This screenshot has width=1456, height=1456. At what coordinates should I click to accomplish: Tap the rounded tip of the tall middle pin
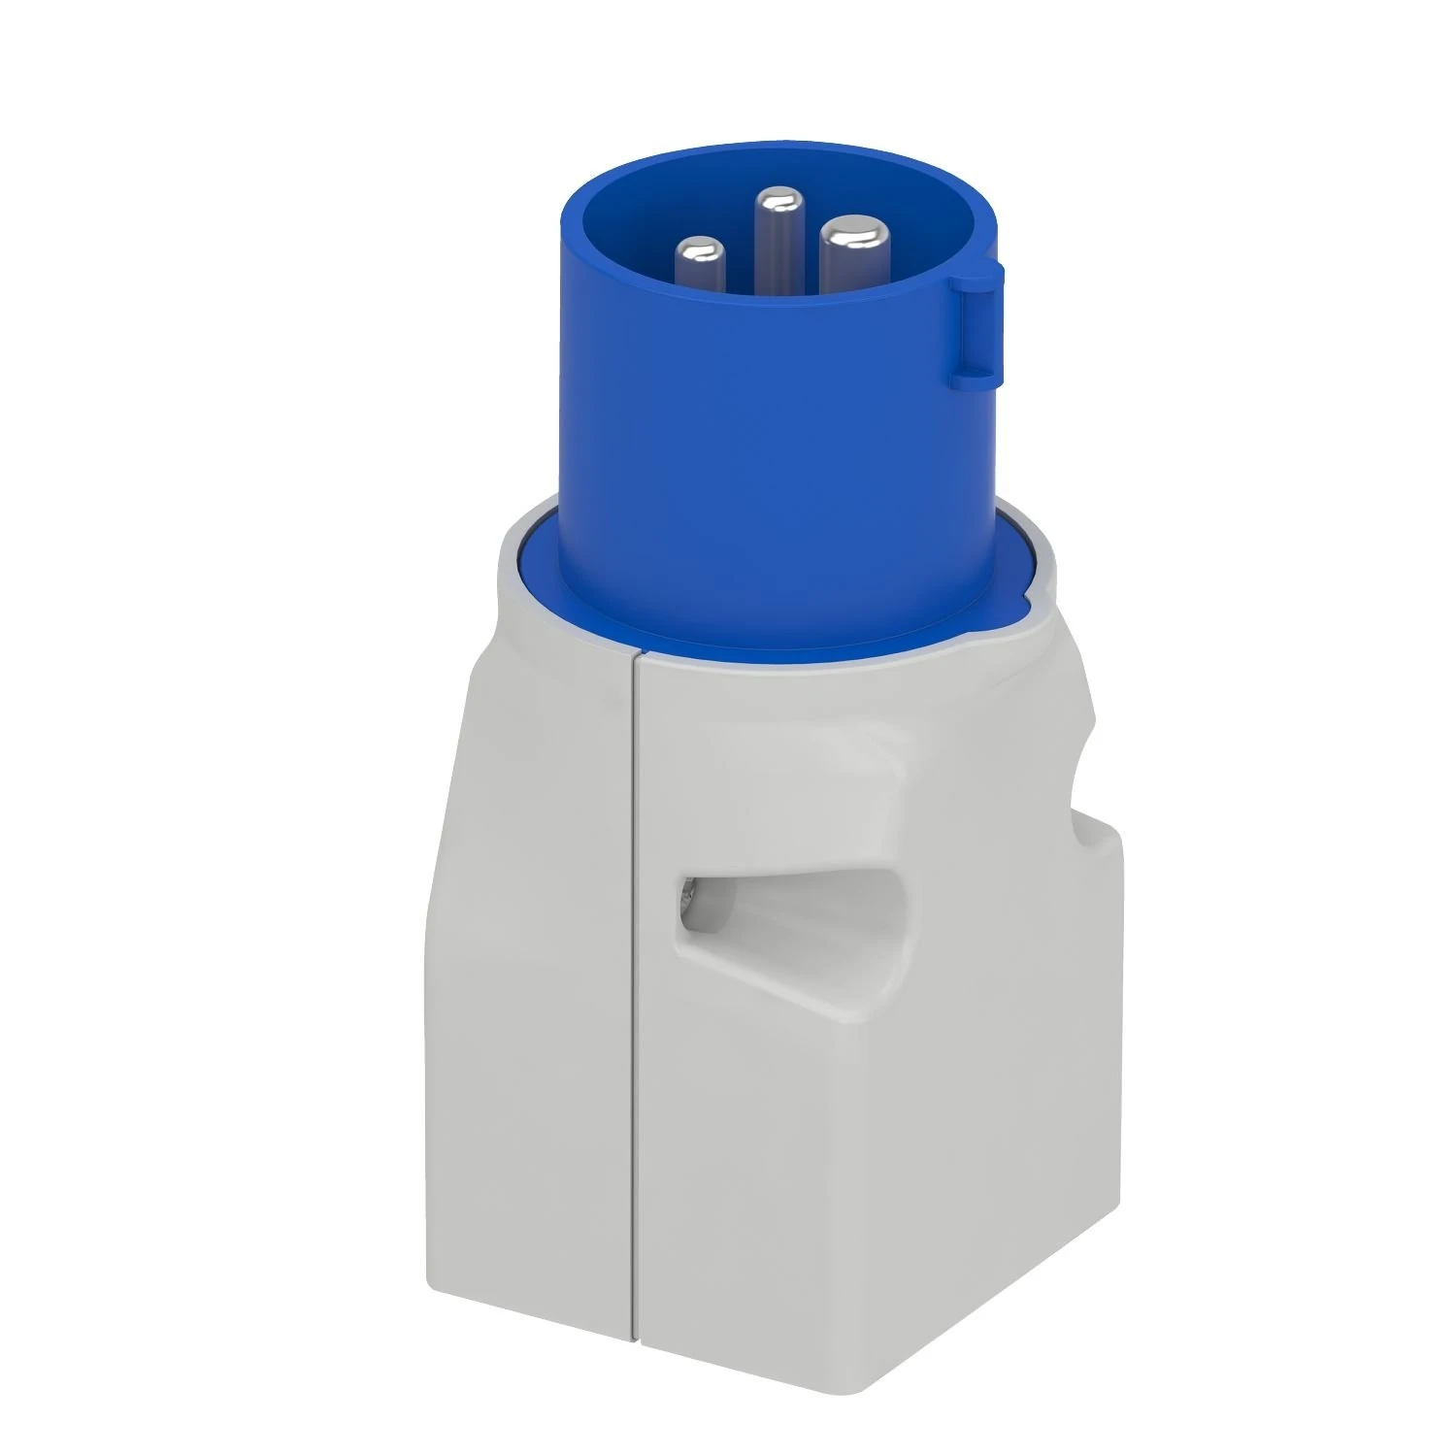click(774, 203)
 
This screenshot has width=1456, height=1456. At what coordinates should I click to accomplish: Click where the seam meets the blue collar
click(636, 652)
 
